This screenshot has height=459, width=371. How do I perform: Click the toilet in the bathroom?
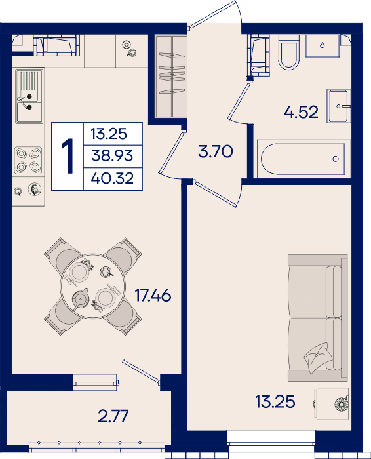[289, 52]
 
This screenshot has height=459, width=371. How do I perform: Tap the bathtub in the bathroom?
[303, 159]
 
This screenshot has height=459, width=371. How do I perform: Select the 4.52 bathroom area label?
[301, 112]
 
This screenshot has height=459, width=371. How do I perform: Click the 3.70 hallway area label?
[216, 151]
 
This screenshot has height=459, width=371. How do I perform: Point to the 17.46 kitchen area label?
[153, 295]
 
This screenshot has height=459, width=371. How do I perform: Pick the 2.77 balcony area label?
[113, 416]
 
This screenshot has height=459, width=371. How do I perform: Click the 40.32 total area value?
[112, 178]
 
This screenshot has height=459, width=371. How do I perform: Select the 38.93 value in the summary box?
[112, 155]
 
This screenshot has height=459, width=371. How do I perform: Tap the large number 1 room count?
[68, 156]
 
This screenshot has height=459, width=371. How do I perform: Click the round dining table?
[93, 287]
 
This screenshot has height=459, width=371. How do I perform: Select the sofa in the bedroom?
[318, 318]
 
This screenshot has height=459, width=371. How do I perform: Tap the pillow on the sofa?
[318, 358]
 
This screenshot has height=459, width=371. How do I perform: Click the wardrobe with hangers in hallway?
[172, 76]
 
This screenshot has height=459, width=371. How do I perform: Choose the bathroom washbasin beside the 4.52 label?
[339, 106]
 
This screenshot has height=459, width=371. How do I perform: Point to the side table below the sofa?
[332, 404]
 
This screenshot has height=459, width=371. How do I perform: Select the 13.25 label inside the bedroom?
[275, 401]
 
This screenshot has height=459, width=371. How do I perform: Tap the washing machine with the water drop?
[322, 46]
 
